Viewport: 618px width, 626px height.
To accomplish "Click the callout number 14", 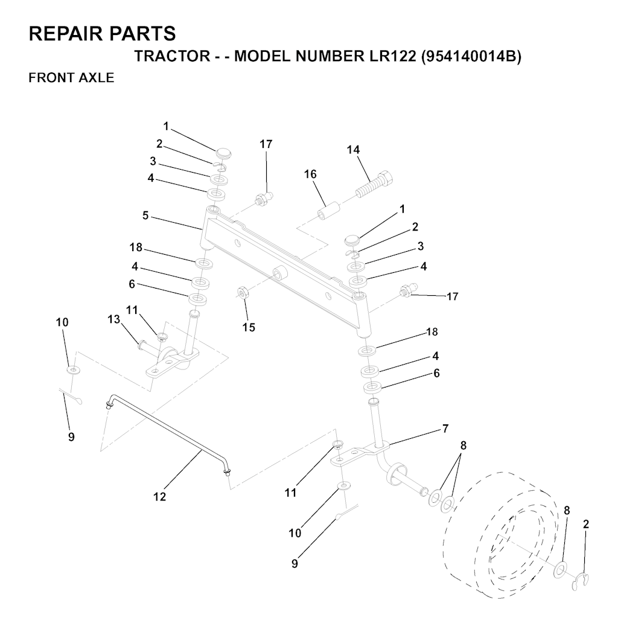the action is click(353, 150).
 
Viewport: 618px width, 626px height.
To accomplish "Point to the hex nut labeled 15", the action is click(243, 292).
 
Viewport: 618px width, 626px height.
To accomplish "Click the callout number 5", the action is click(145, 216).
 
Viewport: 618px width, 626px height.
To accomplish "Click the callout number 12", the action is click(159, 497).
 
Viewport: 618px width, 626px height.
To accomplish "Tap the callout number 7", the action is click(445, 429).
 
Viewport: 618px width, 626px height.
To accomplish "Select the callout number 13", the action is click(114, 319).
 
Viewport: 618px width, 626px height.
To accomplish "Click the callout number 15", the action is click(248, 327).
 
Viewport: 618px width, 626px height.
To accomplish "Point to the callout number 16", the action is click(310, 174).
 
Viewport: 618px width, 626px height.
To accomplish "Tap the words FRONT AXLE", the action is click(71, 77).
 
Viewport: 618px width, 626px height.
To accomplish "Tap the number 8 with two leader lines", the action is click(463, 445).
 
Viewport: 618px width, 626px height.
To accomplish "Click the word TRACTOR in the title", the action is click(172, 57).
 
